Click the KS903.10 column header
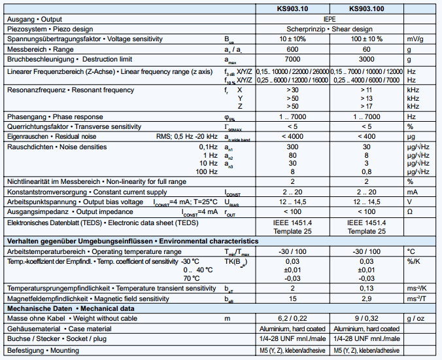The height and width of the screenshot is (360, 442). (x=292, y=9)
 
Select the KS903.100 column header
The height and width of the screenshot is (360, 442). (x=367, y=9)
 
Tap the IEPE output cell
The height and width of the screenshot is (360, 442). (x=330, y=19)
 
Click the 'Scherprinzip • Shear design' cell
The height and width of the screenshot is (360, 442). (x=330, y=29)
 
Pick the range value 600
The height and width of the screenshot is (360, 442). (x=292, y=50)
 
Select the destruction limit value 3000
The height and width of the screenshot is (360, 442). (x=367, y=60)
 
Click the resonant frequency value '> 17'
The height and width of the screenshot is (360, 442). (x=367, y=106)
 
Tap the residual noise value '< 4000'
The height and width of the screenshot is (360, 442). (x=292, y=136)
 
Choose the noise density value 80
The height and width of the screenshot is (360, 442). (x=292, y=156)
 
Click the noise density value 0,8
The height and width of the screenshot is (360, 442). (x=367, y=171)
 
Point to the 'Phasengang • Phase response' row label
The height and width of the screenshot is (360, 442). (x=55, y=117)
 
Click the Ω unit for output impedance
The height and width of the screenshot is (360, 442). (x=410, y=212)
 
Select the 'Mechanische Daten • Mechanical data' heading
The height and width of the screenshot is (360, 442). (x=71, y=308)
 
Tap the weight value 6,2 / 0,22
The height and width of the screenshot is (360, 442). (x=292, y=318)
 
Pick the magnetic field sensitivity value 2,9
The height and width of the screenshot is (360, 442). (x=367, y=298)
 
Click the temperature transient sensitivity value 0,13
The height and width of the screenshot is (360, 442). (x=367, y=288)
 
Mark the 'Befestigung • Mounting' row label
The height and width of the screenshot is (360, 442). (x=45, y=351)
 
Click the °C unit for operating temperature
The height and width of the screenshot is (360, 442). (x=411, y=251)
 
